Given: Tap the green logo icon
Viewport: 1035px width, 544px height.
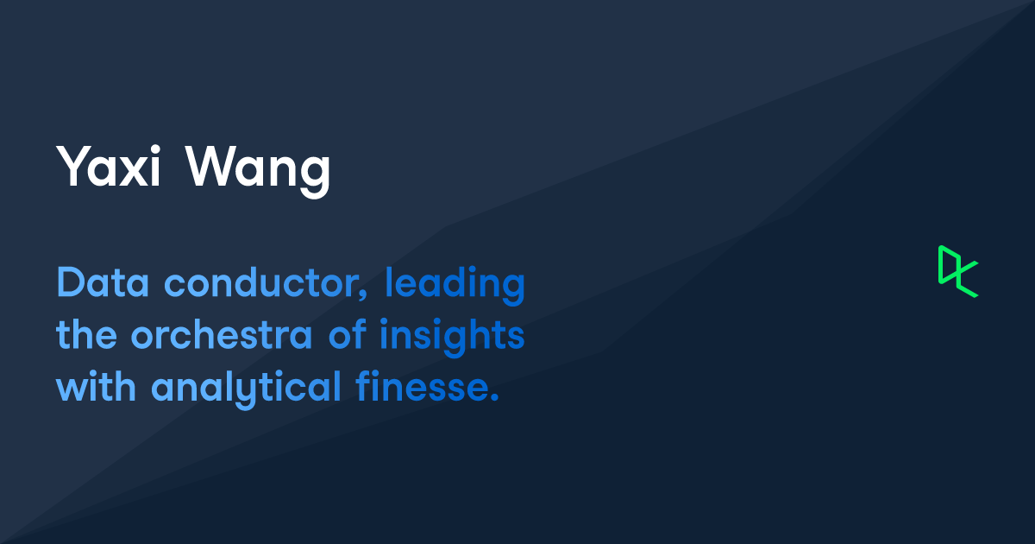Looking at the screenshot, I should coord(958,271).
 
